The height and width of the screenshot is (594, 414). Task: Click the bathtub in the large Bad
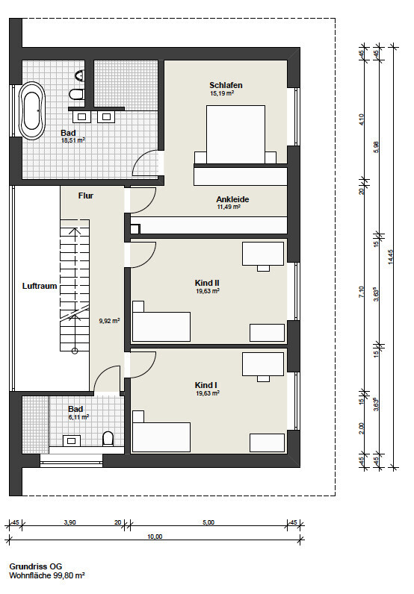point(32,111)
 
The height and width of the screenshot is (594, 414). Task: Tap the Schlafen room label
point(226,85)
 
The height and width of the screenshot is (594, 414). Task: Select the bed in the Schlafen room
point(235,134)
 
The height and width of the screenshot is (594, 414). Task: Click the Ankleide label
point(232,199)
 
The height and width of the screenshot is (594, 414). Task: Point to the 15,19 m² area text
point(222,93)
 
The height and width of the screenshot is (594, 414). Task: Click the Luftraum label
point(40,286)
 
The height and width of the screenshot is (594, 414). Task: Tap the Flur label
point(86,196)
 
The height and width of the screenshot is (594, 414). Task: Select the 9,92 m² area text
point(109,321)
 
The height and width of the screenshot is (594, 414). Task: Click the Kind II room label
point(207,283)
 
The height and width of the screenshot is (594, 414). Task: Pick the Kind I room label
point(206,385)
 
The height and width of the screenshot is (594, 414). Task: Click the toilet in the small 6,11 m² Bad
point(108,439)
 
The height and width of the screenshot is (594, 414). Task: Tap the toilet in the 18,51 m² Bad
point(77,93)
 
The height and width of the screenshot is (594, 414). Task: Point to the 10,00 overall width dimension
point(155,537)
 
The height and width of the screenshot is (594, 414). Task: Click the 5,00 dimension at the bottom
point(208,522)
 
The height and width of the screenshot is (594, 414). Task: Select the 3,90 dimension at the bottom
point(69,522)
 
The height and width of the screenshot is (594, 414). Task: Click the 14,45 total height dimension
point(392,257)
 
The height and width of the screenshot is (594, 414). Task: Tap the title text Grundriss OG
point(36,566)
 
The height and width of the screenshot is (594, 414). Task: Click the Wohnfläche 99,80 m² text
point(47,575)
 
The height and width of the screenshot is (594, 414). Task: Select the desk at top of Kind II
point(263,254)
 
